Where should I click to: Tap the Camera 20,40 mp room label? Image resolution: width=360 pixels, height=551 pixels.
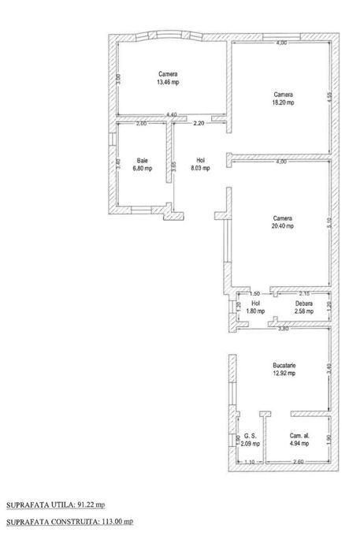283,222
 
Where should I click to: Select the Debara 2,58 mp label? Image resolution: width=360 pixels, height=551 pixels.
303,307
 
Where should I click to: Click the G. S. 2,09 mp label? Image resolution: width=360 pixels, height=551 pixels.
251,440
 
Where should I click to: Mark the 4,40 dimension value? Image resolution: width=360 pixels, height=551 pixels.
171,116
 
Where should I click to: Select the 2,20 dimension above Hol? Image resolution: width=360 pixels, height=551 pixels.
199,124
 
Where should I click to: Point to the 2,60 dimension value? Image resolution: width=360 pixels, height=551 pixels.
297,462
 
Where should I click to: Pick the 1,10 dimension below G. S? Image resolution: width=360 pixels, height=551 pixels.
250,462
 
